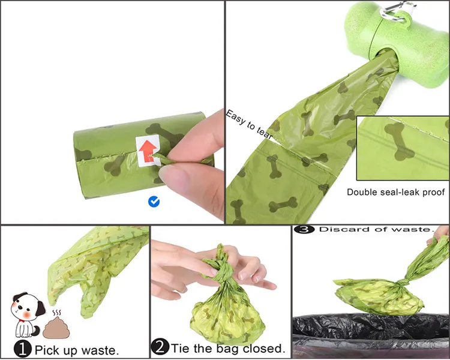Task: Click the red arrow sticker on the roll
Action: coord(146,149)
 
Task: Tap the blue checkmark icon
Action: coord(154,202)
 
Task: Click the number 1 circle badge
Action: coord(22,348)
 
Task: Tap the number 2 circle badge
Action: coord(161,347)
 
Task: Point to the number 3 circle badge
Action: coord(304,229)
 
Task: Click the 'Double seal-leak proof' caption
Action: coord(396,192)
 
